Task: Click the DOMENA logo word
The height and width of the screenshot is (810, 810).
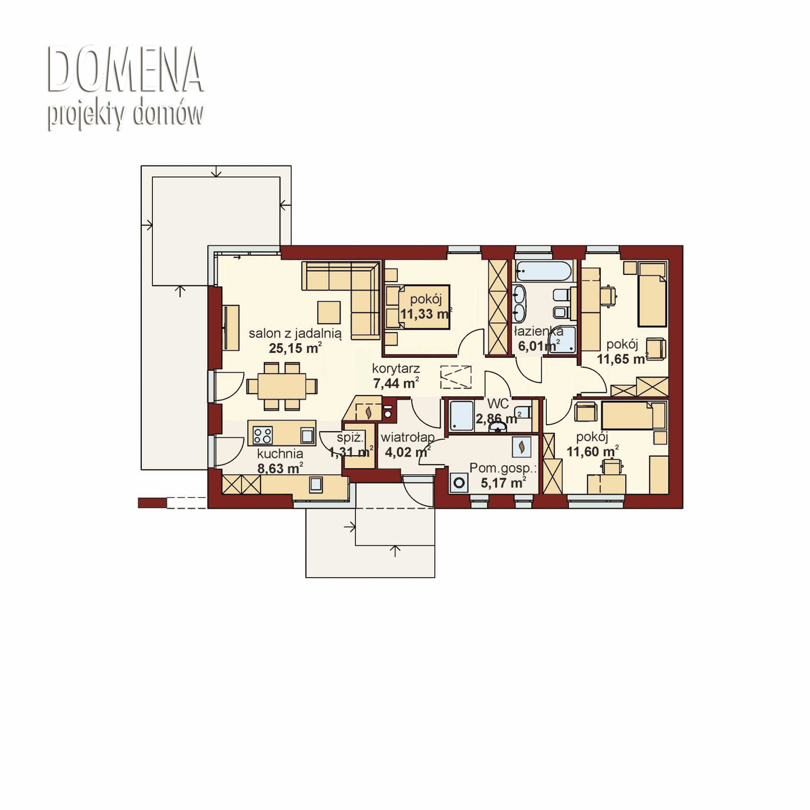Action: click(x=125, y=70)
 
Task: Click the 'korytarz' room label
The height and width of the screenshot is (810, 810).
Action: click(x=395, y=369)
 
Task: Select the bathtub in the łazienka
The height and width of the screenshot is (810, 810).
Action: click(x=544, y=271)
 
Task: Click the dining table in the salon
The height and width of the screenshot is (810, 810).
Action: click(x=282, y=386)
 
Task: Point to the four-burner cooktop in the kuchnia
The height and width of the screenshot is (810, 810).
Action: click(x=263, y=435)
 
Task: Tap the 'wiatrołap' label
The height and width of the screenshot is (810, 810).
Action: click(x=408, y=437)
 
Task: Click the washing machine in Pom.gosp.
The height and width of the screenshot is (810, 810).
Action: click(x=459, y=482)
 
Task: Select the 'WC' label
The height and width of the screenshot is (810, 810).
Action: click(x=498, y=403)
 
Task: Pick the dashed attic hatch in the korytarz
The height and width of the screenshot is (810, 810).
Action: click(x=456, y=377)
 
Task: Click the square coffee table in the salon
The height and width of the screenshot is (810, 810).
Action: click(x=329, y=312)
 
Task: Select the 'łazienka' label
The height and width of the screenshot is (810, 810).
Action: click(x=538, y=332)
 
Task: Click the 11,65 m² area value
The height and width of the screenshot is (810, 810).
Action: click(x=622, y=359)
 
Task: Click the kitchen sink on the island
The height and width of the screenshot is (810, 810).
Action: click(x=307, y=435)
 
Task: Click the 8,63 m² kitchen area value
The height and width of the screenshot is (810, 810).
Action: click(x=279, y=468)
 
